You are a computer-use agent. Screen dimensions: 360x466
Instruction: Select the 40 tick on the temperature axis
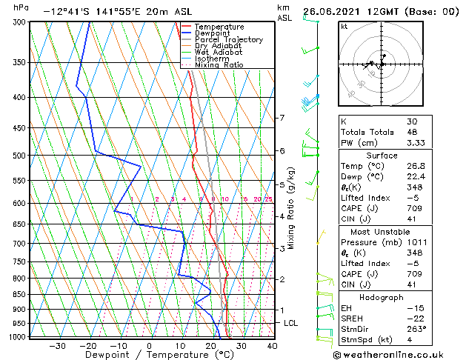(x=272, y=345)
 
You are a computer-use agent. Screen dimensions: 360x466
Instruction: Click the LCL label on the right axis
(x=291, y=324)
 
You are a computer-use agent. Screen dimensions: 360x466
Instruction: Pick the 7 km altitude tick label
(x=282, y=118)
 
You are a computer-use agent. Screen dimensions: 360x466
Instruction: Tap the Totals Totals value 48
(x=412, y=132)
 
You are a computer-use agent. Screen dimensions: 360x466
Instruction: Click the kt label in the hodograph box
(x=344, y=27)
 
